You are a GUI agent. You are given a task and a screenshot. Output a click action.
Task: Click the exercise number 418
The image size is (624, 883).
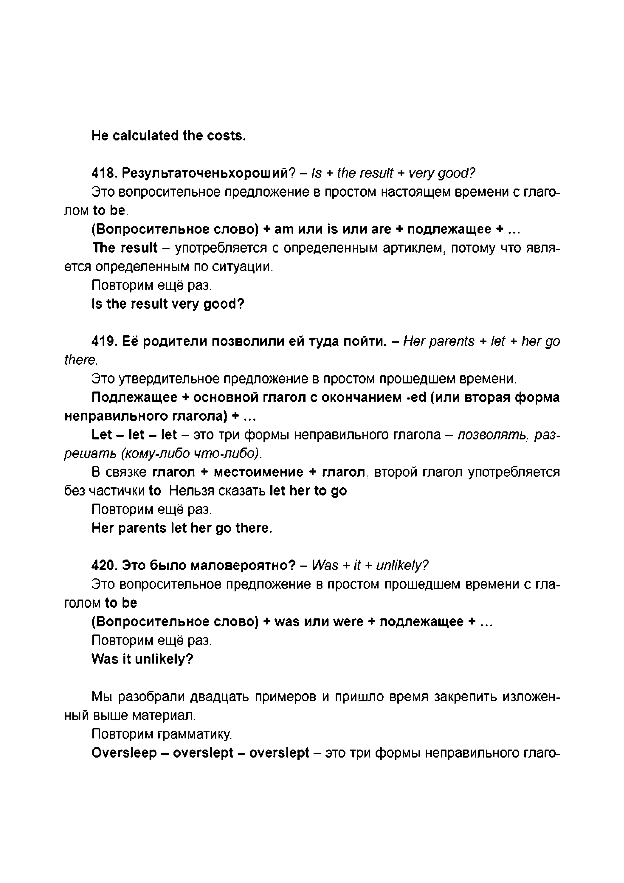[x=104, y=173]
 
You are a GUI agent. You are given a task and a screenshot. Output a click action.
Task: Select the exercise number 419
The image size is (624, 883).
[x=104, y=341]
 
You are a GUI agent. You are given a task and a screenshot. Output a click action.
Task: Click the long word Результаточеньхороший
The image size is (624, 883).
[x=208, y=173]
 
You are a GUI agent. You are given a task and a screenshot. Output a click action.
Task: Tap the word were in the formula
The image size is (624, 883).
[x=348, y=622]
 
